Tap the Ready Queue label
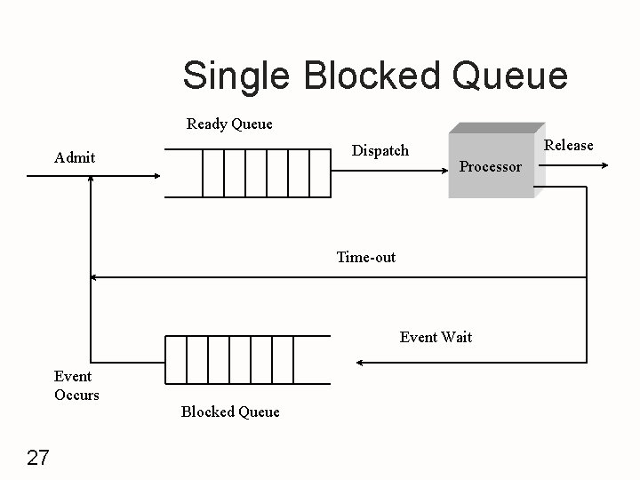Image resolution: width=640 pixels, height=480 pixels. pos(229,124)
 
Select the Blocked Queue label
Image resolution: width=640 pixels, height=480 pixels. pos(230,412)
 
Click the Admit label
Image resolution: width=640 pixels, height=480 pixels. pos(75,157)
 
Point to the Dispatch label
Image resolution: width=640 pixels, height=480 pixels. pos(380,150)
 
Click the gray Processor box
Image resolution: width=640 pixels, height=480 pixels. pos(492,165)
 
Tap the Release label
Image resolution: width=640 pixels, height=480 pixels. pos(568,145)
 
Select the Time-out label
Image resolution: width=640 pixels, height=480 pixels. pos(366,258)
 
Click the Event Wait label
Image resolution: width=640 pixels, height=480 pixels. pos(436,337)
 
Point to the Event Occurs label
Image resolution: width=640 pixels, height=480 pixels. pos(76,386)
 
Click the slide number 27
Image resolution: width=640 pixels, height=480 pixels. pos(38,458)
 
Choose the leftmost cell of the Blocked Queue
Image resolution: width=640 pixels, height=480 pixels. pos(175,359)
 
